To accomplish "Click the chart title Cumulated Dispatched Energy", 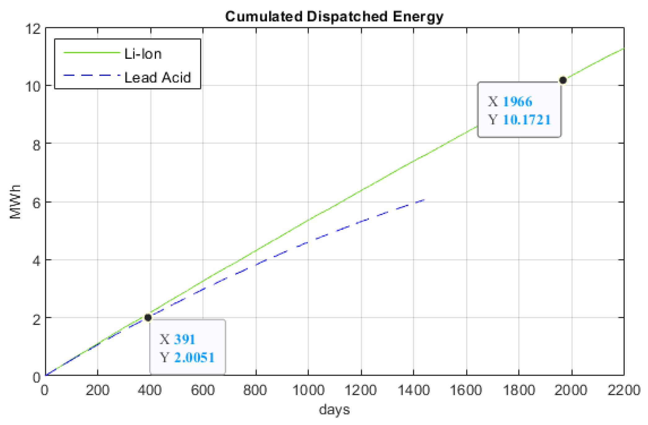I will pyautogui.click(x=334, y=16).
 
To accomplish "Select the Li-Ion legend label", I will pyautogui.click(x=143, y=54).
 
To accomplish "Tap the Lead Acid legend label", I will pyautogui.click(x=157, y=77).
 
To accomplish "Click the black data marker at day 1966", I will pyautogui.click(x=563, y=80).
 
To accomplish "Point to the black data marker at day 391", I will pyautogui.click(x=148, y=318).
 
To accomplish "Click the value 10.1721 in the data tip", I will pyautogui.click(x=527, y=120).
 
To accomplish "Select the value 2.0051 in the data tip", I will pyautogui.click(x=195, y=357).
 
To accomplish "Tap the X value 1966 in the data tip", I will pyautogui.click(x=517, y=102).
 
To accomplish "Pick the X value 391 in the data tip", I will pyautogui.click(x=185, y=339).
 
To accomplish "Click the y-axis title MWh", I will pyautogui.click(x=15, y=202).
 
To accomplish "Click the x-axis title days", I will pyautogui.click(x=334, y=410).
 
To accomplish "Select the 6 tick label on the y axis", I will pyautogui.click(x=37, y=203).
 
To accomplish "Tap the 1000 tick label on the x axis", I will pyautogui.click(x=308, y=390).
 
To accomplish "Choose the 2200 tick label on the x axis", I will pyautogui.click(x=624, y=390).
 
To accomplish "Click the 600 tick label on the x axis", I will pyautogui.click(x=203, y=390).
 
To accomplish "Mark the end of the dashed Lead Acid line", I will pyautogui.click(x=424, y=200).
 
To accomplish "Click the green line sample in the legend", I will pyautogui.click(x=91, y=53).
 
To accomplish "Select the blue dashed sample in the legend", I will pyautogui.click(x=91, y=75).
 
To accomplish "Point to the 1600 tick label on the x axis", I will pyautogui.click(x=466, y=390).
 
